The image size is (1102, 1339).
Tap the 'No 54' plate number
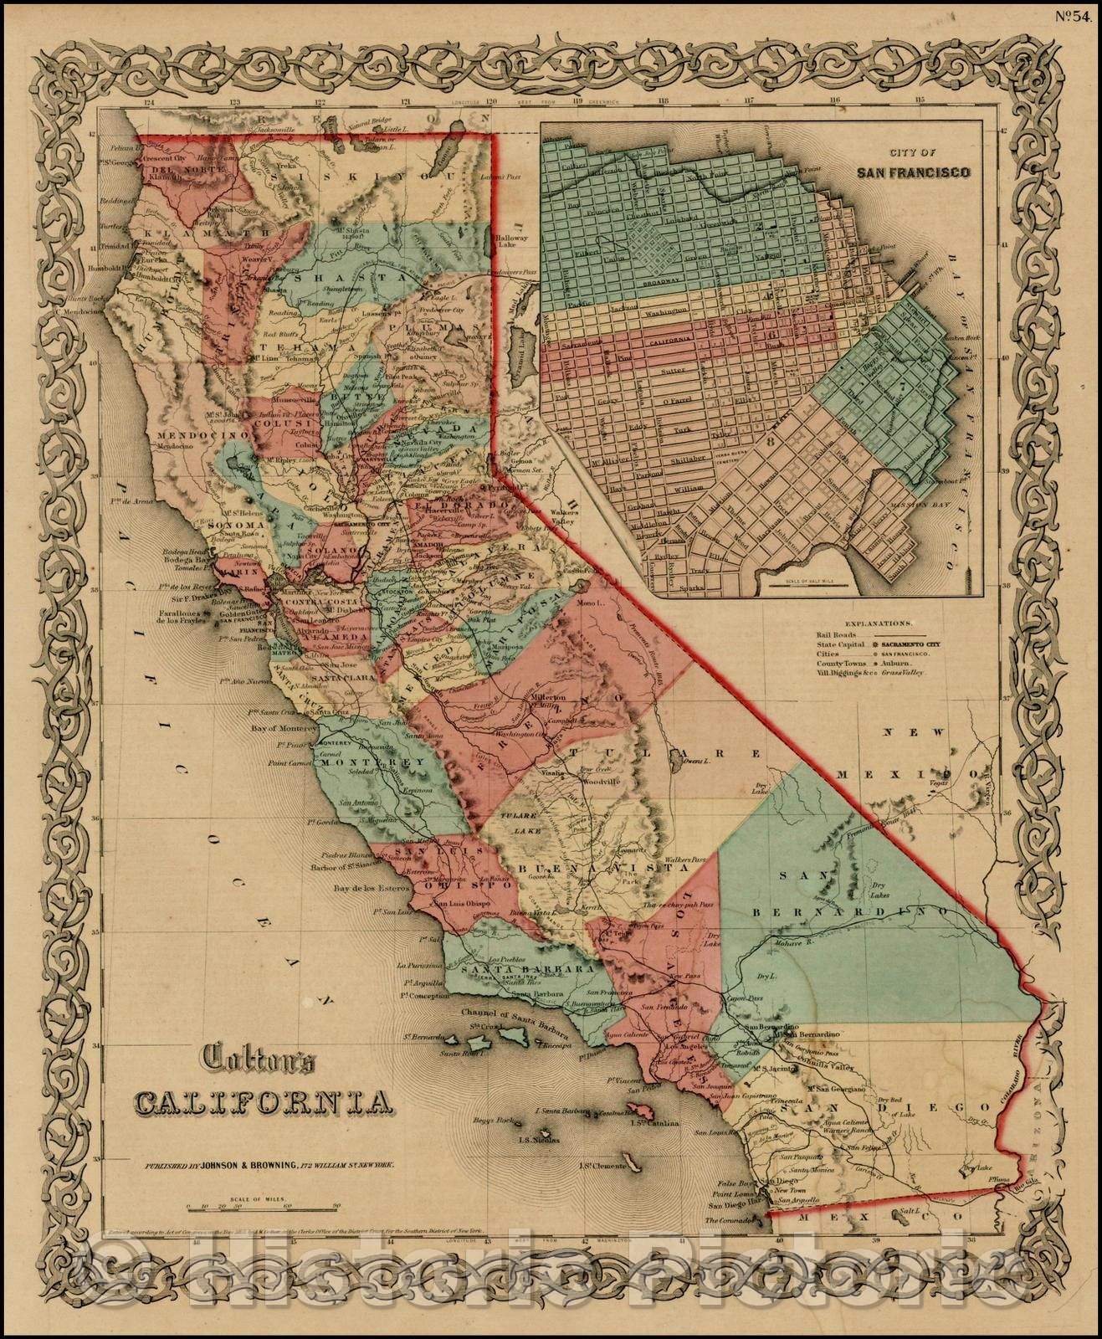[x=1070, y=11]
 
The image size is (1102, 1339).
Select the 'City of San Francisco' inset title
[x=913, y=166]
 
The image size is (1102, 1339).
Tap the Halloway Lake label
[x=513, y=239]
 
